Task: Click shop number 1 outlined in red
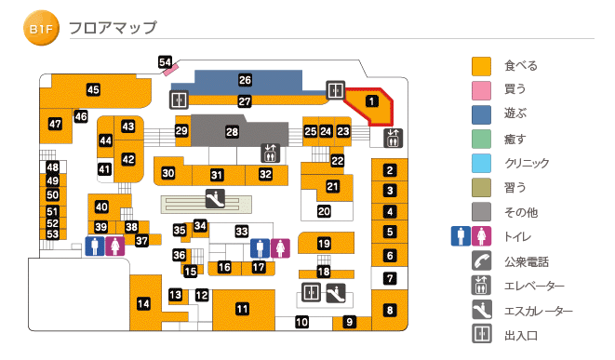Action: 370,100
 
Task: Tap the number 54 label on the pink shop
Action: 166,62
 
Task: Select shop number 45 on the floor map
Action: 93,89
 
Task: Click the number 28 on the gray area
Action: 232,133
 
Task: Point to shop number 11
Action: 242,309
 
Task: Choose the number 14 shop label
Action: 143,303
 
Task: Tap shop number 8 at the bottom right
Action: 391,310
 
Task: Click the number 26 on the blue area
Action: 245,80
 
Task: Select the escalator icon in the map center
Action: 213,199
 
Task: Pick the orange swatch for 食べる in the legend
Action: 481,66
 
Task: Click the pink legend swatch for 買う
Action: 481,90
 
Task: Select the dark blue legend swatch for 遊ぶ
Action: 481,114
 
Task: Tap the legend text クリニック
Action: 527,164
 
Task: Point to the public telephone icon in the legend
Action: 481,261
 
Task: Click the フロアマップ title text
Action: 113,29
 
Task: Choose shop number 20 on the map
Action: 324,211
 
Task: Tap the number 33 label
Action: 242,231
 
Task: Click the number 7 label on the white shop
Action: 391,277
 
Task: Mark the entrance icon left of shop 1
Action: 335,90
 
